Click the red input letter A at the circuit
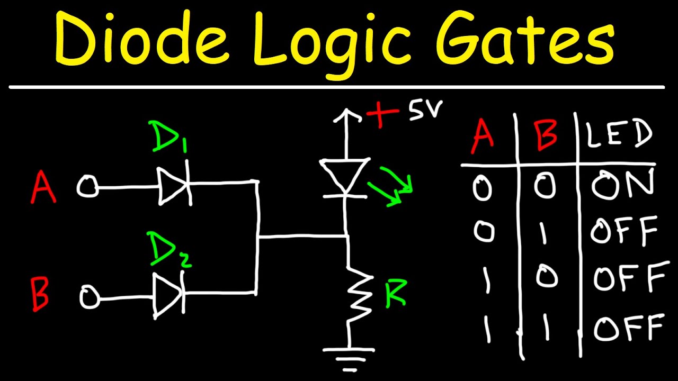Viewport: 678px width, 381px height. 43,188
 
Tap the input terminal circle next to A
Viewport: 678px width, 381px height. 87,187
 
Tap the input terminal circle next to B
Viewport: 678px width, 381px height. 89,297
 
